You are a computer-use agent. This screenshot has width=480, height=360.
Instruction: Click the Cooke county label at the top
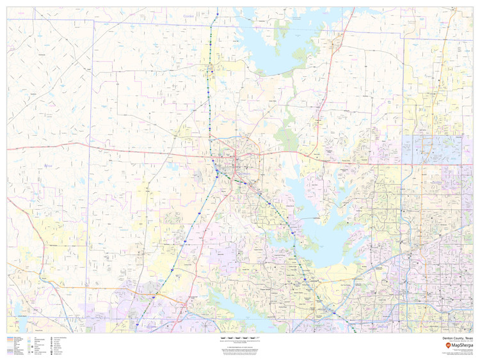[188, 17]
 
